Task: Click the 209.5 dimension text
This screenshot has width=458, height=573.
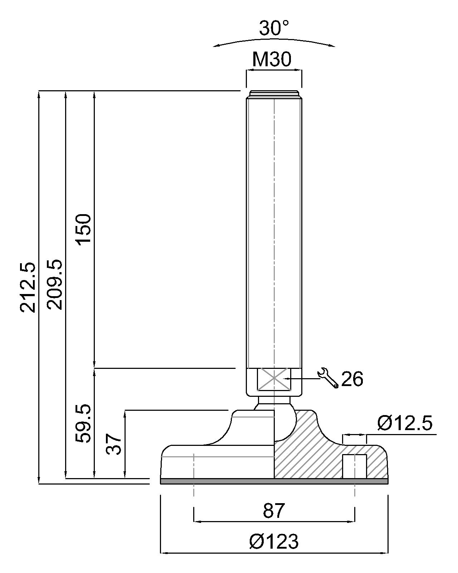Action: [x=55, y=285]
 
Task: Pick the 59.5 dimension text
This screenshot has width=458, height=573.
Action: [x=84, y=424]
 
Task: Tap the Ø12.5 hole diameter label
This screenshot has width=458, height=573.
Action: [x=405, y=423]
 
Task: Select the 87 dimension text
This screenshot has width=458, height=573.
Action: [x=274, y=511]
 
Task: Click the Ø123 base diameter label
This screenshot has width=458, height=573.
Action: [x=274, y=541]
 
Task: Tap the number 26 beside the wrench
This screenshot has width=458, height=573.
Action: [x=352, y=379]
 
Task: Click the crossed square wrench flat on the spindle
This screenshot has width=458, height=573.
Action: [x=274, y=379]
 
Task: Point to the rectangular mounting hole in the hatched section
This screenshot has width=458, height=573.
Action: [x=355, y=466]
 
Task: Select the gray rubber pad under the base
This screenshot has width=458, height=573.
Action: [x=274, y=481]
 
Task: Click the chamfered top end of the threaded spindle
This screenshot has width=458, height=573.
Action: [x=274, y=94]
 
